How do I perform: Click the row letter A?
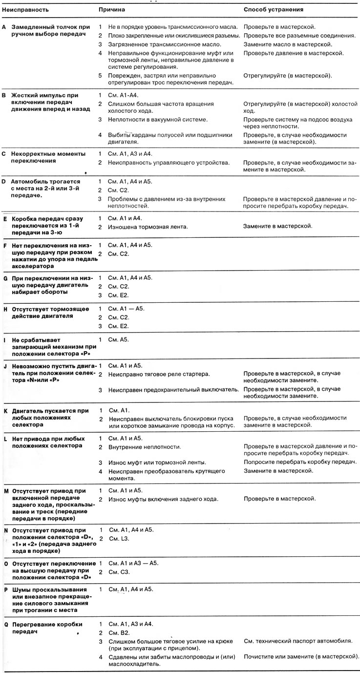coord(4,27)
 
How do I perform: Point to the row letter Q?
coord(4,624)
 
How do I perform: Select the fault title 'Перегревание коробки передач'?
coord(46,628)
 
